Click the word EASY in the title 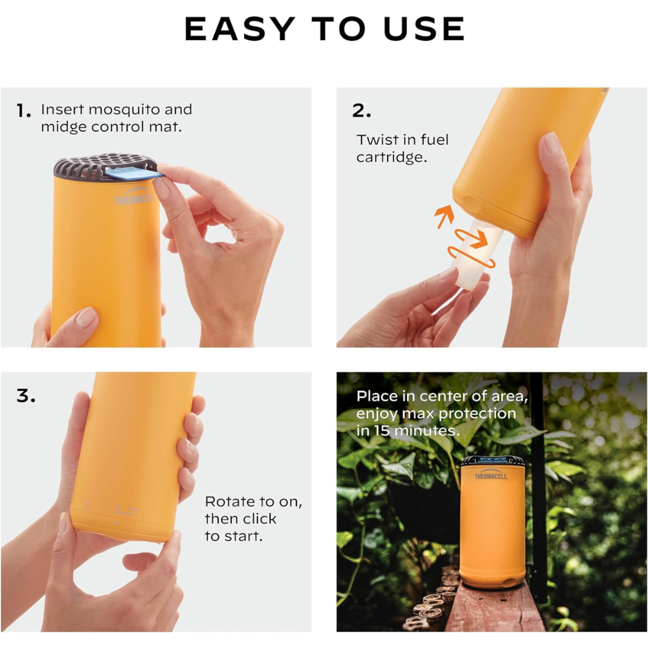(x=240, y=29)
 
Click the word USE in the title (x=424, y=29)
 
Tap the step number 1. (x=23, y=111)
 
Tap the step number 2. (x=361, y=111)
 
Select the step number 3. (x=26, y=396)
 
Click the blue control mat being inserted (x=134, y=172)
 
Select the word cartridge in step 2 (x=392, y=157)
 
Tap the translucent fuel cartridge (x=478, y=252)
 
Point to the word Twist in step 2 (x=374, y=140)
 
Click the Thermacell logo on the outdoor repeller (x=491, y=475)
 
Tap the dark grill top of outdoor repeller (x=493, y=460)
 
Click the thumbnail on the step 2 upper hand (x=552, y=142)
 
